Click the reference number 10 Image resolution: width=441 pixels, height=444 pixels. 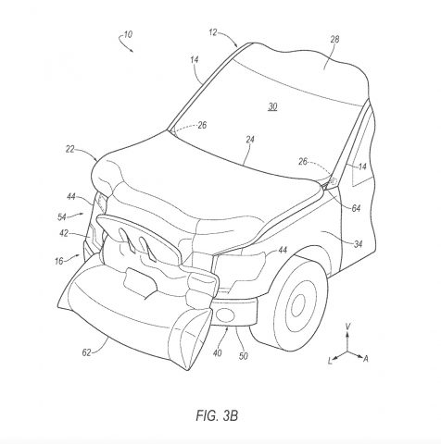point(128,34)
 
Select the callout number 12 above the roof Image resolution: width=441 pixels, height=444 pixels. point(213,32)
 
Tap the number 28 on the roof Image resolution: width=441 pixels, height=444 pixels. point(334,40)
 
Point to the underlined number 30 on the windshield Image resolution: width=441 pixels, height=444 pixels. point(272,106)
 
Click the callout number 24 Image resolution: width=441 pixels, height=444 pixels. point(250,140)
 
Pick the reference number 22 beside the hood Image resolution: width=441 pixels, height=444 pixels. point(70,149)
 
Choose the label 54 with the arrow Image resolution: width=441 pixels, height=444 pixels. point(62,217)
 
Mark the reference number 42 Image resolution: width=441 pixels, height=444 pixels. point(64,233)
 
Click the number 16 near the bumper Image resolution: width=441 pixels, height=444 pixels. point(58,261)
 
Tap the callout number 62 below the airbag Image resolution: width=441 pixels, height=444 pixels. point(87,352)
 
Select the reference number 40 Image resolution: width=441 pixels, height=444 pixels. point(217,352)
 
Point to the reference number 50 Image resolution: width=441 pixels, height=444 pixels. point(244,356)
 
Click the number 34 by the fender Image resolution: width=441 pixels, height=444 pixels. point(358,244)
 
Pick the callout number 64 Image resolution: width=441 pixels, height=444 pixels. point(356,209)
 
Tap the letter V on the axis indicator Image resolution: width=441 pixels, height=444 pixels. point(347,327)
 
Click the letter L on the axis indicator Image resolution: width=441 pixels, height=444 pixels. point(330,361)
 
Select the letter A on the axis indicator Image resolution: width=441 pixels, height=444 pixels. point(366,359)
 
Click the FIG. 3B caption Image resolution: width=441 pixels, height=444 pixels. point(217,415)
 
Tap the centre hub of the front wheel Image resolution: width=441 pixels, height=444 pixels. point(297,305)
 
